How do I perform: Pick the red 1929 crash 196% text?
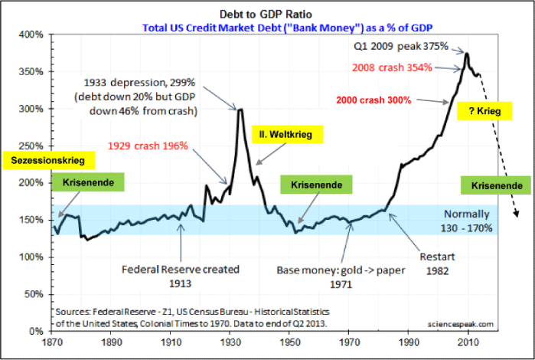[x=148, y=145]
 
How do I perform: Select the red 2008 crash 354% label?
[x=392, y=67]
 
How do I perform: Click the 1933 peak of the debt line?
[x=241, y=110]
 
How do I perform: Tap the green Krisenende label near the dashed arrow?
[x=497, y=186]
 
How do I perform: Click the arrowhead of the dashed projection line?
[x=517, y=215]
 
